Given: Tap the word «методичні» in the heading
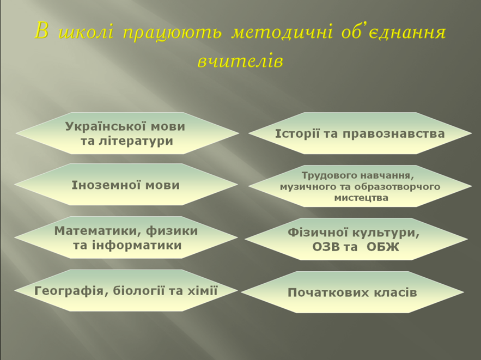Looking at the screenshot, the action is pos(282,32).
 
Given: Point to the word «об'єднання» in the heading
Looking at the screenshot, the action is pos(394,32).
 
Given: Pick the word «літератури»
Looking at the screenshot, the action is pos(135,142).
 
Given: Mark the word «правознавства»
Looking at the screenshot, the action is pos(394,134).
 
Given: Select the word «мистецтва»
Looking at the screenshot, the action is pos(361,198).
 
